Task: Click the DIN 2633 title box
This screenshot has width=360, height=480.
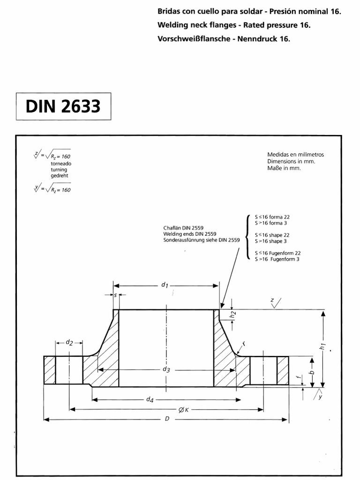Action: [64, 106]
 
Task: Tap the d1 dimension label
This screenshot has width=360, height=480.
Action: [165, 285]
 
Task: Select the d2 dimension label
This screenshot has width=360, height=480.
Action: [69, 343]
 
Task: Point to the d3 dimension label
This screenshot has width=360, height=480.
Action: [166, 369]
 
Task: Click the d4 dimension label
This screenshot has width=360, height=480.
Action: [150, 399]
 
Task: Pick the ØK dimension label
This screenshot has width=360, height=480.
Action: [183, 410]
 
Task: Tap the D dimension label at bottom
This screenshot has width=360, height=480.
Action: [167, 419]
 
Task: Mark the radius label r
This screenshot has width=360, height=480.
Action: [244, 344]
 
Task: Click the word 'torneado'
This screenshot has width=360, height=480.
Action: [61, 164]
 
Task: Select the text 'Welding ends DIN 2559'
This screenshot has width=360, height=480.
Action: [190, 233]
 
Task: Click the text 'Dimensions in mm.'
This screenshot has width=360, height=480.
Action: [291, 161]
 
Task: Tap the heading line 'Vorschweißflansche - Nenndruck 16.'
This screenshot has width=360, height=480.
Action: [225, 39]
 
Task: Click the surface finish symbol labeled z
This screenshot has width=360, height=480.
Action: [277, 303]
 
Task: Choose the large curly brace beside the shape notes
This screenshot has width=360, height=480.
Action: [248, 237]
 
